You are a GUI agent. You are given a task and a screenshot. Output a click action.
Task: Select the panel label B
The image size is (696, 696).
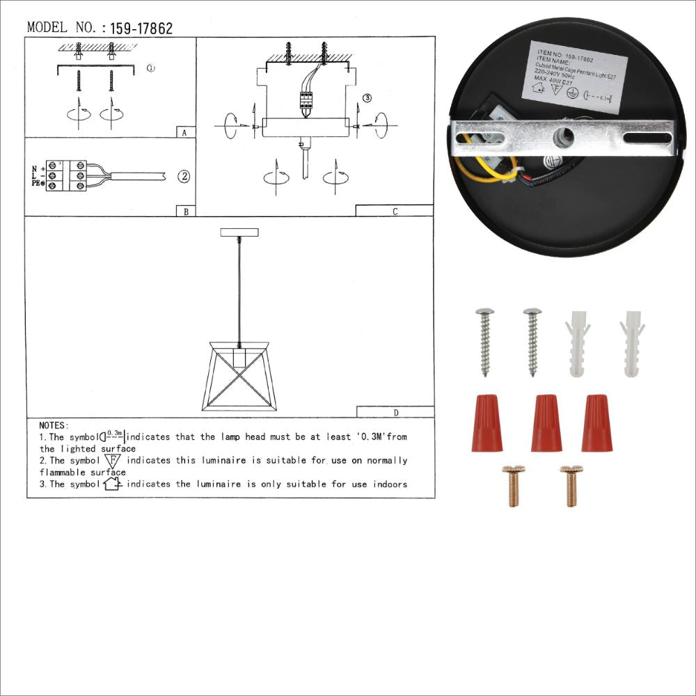pos(184,211)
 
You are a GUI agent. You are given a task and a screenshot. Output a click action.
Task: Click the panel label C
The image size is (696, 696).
pos(395,211)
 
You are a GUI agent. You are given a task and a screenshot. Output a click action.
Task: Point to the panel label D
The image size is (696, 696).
pos(395,412)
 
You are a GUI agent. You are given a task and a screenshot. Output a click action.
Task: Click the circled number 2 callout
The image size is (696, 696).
pos(184,176)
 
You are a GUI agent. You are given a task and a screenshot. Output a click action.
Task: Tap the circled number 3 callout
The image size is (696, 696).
pos(367,97)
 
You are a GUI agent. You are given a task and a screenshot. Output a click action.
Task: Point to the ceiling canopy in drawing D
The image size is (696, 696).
pos(239,232)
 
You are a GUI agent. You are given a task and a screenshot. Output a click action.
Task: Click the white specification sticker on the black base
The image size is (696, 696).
pos(573,75)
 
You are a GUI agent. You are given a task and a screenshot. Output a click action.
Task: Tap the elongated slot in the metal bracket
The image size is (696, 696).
pos(647,139)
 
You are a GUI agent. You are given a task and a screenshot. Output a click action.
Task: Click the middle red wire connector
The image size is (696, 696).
pos(546,422)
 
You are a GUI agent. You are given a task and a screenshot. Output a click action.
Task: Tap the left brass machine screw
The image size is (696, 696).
pos(514,486)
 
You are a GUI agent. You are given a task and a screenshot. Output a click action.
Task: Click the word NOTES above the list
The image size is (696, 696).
pos(54,425)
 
